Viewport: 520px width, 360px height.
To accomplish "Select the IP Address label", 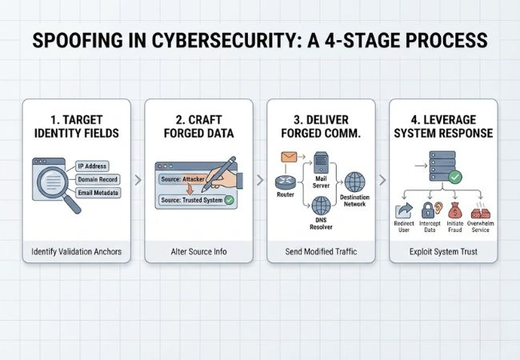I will (92, 166).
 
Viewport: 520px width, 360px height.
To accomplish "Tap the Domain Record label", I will (97, 179).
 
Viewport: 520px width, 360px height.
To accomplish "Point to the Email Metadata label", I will (98, 194).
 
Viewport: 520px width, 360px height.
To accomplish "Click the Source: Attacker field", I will (183, 179).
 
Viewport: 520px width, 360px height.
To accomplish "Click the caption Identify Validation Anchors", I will (77, 252).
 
